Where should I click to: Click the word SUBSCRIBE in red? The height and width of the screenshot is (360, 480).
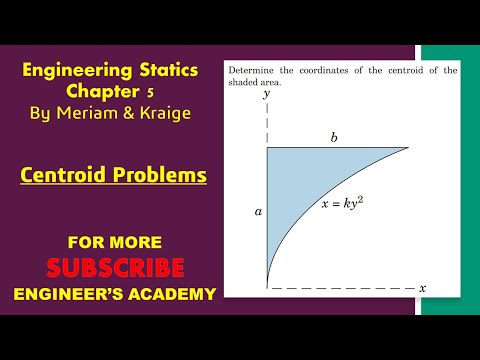(115, 268)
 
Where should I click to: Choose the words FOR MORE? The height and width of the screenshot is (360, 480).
(114, 243)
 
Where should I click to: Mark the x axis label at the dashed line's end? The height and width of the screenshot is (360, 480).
(422, 288)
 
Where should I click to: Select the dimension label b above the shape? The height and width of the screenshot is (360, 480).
(334, 138)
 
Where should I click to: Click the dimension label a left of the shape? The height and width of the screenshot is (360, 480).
(257, 212)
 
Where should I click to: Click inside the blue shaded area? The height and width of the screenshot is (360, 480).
(300, 180)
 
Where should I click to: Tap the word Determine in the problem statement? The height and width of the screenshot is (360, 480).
(255, 70)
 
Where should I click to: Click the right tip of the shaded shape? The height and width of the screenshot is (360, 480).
(408, 149)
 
